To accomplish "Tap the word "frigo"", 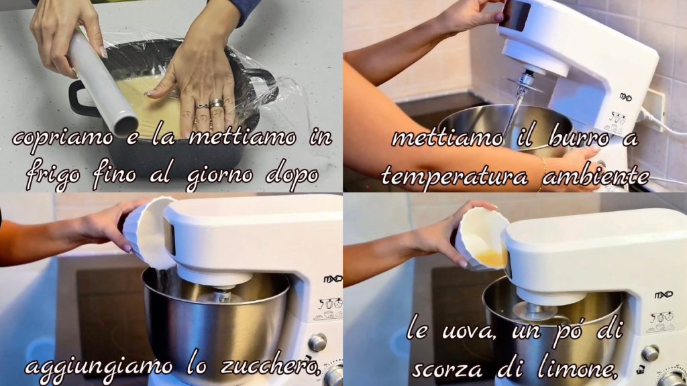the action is pos(53,177).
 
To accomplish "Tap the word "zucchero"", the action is pos(270,366).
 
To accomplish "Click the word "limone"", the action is pos(578,367).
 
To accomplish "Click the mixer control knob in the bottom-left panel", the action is pos(317,342).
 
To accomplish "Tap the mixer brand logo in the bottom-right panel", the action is pos(664,295).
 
